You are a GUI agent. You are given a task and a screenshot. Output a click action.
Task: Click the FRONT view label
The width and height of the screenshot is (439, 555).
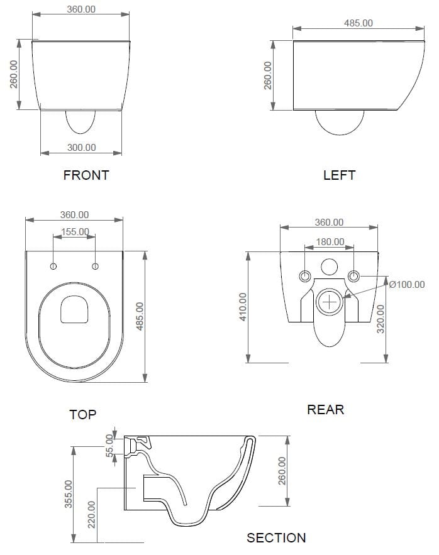click(86, 175)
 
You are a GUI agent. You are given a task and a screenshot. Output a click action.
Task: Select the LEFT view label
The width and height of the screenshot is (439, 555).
click(339, 175)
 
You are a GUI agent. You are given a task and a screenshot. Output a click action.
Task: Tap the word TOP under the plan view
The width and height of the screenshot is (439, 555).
click(82, 414)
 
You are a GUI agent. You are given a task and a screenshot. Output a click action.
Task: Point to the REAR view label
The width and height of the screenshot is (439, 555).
click(325, 410)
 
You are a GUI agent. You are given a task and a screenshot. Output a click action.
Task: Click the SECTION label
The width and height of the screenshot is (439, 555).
click(276, 538)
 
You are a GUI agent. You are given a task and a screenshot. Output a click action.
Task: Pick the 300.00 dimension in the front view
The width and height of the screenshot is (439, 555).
click(82, 147)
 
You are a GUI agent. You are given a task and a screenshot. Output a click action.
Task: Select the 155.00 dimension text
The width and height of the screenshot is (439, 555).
click(75, 232)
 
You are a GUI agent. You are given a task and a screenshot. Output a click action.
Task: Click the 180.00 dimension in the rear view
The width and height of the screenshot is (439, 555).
click(330, 241)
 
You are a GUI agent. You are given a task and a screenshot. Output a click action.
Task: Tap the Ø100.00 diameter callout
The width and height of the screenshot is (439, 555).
click(407, 285)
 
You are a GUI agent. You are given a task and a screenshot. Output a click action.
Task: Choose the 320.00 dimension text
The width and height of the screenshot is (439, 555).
click(380, 319)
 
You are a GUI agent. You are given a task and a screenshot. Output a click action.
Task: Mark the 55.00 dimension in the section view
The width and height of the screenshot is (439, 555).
click(109, 444)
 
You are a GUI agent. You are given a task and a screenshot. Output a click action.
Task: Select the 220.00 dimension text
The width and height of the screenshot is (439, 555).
click(92, 514)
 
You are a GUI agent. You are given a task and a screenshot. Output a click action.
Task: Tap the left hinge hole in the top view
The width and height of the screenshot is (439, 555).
click(53, 267)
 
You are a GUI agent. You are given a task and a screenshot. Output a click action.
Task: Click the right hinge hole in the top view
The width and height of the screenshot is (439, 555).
click(96, 267)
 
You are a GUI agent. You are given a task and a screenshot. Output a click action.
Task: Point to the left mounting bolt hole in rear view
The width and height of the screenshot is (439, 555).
click(306, 276)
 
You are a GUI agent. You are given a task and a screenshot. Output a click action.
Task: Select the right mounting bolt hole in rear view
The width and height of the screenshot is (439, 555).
click(353, 276)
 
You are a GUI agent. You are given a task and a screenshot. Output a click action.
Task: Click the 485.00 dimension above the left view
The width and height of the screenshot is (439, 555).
click(358, 23)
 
